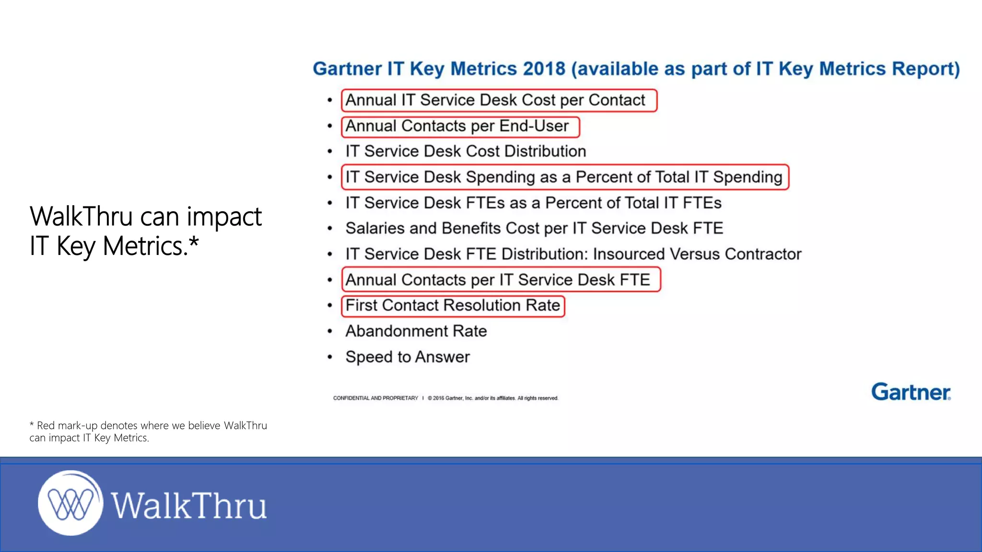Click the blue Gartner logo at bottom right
pos(911,392)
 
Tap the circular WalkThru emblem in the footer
pos(70,503)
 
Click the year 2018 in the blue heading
pos(544,69)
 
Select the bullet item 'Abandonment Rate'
pos(416,331)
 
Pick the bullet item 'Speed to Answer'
pos(408,357)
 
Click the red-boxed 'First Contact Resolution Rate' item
pos(453,306)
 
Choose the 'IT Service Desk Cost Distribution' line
pos(466,151)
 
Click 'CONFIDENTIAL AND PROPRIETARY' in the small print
pos(375,398)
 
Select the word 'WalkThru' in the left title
pos(81,217)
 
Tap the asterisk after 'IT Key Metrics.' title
pos(194,242)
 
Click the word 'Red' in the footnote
pos(46,425)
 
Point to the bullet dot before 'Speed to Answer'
pos(330,357)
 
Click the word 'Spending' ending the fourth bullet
pos(747,177)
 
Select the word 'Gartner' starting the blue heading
pos(347,69)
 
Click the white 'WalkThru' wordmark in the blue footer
pos(189,506)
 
